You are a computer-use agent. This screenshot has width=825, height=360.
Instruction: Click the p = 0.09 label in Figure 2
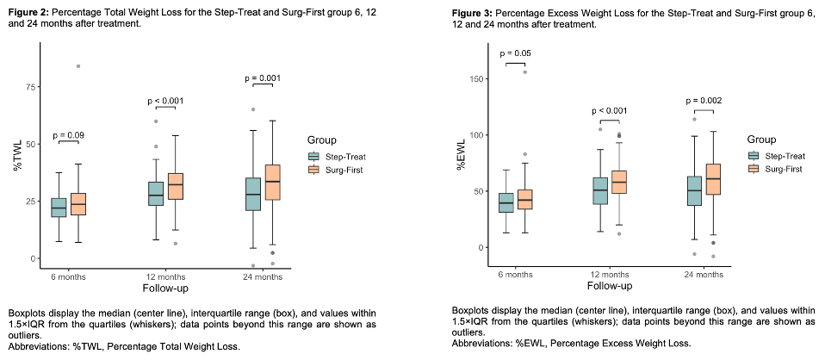click(69, 135)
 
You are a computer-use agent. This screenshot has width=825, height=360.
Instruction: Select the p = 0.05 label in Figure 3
click(517, 53)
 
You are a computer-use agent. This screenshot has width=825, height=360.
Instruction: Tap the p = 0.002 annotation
click(704, 100)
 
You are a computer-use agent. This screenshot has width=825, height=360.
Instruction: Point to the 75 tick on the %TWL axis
click(29, 87)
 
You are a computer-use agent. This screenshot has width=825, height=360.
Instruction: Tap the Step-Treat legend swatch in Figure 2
click(313, 156)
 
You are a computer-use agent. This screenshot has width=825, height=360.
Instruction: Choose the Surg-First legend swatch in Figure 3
click(754, 169)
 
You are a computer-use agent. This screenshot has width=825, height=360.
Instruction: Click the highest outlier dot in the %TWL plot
click(78, 66)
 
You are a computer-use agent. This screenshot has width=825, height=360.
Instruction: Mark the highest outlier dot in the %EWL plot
click(525, 72)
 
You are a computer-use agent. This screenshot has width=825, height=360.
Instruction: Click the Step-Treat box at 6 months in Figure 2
click(59, 208)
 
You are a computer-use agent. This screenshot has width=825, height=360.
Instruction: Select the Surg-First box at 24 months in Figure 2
click(273, 183)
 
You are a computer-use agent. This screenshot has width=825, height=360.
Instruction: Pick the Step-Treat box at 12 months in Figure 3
click(600, 190)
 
